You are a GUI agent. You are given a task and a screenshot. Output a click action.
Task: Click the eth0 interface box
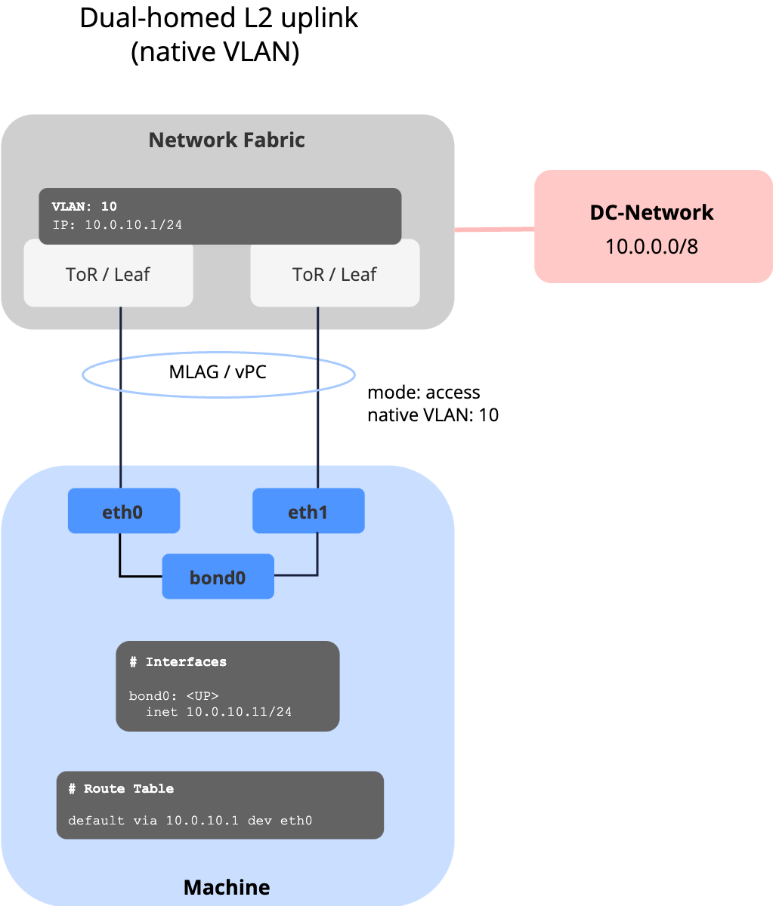click(x=123, y=512)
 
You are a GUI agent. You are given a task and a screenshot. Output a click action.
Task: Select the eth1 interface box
click(x=308, y=512)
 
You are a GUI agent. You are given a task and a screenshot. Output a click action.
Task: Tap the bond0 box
click(x=218, y=578)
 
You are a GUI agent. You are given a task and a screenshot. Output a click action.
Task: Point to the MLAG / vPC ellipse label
click(x=218, y=371)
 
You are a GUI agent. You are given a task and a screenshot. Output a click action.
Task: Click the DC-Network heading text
click(x=651, y=212)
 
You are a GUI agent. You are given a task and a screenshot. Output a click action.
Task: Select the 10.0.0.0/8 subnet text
click(x=651, y=246)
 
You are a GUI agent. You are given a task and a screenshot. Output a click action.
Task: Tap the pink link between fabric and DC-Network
click(x=494, y=228)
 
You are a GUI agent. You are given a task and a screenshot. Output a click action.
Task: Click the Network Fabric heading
click(x=227, y=140)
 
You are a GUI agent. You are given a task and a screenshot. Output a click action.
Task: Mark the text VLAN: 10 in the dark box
click(x=84, y=206)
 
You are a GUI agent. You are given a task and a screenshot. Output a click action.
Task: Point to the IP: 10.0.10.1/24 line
click(x=116, y=225)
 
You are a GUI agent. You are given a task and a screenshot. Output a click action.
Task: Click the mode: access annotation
click(x=423, y=393)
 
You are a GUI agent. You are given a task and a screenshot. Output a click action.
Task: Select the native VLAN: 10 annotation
click(x=432, y=414)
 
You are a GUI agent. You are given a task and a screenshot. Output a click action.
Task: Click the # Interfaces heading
click(x=178, y=662)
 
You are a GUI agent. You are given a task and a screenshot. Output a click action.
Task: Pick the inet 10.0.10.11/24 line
click(x=218, y=712)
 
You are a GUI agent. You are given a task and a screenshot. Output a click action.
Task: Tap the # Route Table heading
click(x=121, y=789)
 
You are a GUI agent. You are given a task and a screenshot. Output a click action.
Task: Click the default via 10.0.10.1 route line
click(x=190, y=821)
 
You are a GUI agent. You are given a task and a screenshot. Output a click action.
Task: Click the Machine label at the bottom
click(x=227, y=886)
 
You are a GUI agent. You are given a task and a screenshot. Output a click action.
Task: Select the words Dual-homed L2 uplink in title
click(x=219, y=18)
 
